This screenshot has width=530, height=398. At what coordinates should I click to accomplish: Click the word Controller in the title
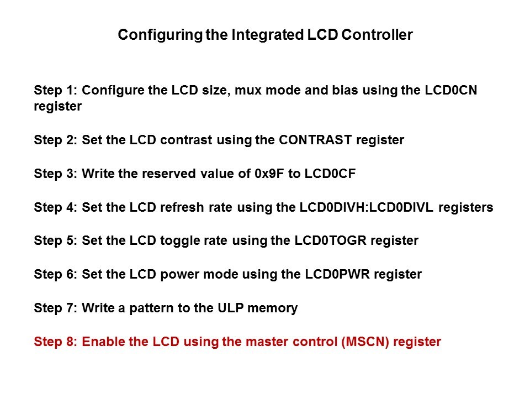(377, 35)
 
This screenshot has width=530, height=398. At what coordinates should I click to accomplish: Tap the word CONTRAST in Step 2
(315, 140)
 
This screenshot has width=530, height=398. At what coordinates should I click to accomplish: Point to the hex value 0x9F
(269, 174)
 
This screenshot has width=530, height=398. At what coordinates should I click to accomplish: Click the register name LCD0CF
(330, 174)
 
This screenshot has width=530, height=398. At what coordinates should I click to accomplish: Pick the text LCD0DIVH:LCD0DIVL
(367, 207)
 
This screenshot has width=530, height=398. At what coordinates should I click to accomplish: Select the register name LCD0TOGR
(331, 240)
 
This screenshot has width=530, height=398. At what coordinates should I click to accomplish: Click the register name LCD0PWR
(337, 274)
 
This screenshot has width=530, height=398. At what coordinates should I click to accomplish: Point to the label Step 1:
(56, 91)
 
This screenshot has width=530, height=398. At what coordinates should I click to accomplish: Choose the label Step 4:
(56, 207)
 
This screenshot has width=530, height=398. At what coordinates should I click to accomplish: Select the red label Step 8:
(56, 342)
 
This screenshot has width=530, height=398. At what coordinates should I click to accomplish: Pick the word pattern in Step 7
(151, 308)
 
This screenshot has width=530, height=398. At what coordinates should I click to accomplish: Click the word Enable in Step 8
(103, 342)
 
